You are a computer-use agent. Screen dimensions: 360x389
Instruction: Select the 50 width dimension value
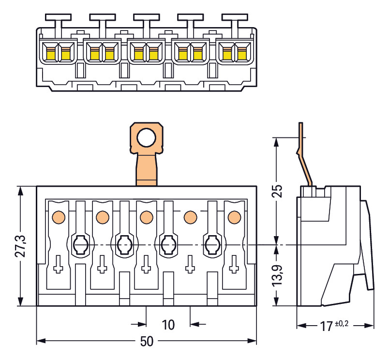[147, 342]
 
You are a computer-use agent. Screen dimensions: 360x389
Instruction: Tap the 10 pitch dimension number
[168, 324]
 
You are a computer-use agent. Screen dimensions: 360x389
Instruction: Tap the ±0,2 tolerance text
[342, 323]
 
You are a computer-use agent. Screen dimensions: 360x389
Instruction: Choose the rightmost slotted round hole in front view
[212, 245]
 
